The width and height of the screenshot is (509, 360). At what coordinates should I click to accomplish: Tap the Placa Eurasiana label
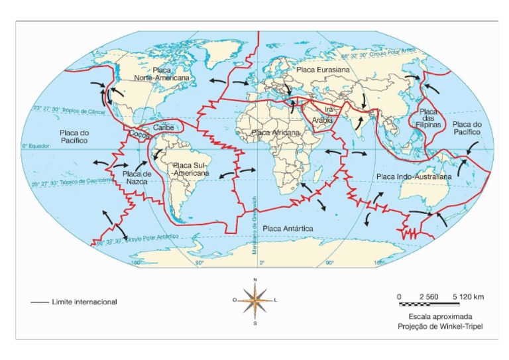pos(323,69)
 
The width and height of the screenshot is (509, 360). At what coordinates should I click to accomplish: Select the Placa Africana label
pos(276,133)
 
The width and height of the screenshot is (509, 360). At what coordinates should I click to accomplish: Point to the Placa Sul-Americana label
pos(191,169)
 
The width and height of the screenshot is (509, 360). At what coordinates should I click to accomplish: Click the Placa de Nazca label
pos(138,176)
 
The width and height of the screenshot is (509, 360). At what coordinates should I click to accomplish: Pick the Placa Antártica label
pos(288,228)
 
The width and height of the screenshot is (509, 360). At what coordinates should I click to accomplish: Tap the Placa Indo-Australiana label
pos(414,177)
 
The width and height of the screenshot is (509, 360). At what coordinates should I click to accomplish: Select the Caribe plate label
pos(163,127)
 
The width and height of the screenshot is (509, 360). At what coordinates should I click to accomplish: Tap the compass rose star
pos(255,300)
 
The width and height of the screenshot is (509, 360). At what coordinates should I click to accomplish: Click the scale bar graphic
pos(441,304)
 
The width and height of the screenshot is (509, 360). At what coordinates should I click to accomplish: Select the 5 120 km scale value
pos(468,296)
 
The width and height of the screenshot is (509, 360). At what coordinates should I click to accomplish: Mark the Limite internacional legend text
pos(84,302)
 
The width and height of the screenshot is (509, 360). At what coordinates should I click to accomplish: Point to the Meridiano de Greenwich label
pos(254,218)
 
